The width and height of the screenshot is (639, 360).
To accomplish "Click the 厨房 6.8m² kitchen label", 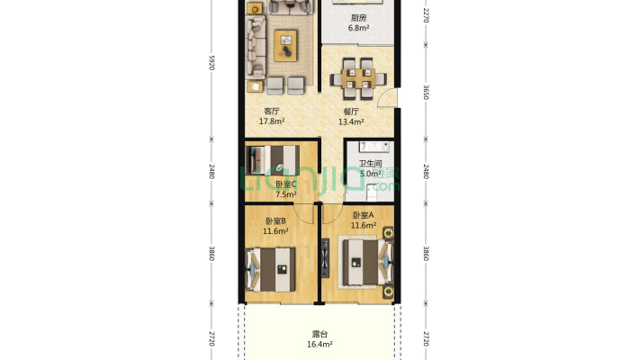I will [358, 22].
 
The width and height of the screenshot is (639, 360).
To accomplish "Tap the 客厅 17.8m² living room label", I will [272, 116].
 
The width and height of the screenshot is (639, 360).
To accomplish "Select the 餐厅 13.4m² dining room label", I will [349, 116].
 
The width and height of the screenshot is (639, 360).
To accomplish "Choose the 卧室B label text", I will [275, 221].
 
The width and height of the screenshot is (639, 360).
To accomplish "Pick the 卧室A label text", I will [363, 216].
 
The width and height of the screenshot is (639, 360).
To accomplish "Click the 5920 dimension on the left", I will [211, 62].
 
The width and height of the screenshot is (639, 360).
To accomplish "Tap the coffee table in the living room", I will [286, 40].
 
